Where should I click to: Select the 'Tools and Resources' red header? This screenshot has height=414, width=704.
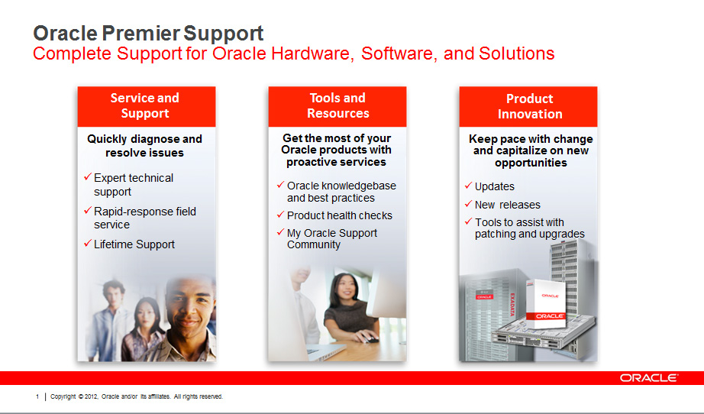pos(337,106)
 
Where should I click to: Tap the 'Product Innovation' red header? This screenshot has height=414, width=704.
pos(528,106)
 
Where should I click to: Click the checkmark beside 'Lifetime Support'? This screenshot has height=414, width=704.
pos(88,244)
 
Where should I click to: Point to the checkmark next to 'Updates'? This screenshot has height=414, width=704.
pos(468,185)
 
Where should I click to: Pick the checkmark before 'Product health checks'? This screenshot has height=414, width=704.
pos(281,214)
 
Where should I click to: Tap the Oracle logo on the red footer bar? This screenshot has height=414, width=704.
pos(649,378)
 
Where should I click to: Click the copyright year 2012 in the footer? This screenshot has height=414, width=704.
pos(92,396)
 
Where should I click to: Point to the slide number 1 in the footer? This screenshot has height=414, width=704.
pos(37,396)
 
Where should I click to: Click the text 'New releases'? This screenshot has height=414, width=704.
pos(507,205)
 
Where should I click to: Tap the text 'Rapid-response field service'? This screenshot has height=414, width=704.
pos(144,218)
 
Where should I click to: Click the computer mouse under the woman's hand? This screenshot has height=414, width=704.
pos(371,338)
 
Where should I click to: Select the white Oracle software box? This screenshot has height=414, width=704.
pos(546,303)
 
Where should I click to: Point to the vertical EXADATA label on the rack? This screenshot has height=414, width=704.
pos(512,305)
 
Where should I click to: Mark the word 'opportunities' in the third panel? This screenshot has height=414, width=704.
pos(531,163)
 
